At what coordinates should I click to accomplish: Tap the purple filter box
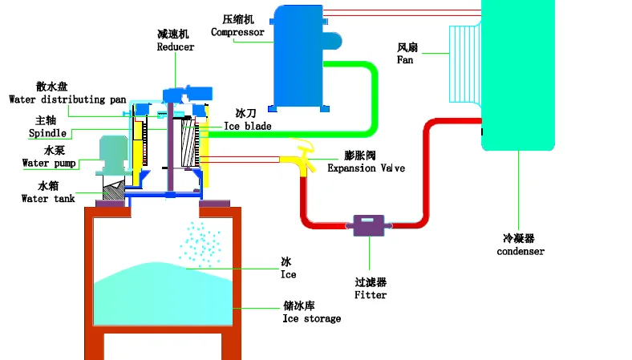[369, 225]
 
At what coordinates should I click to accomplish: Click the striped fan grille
[465, 64]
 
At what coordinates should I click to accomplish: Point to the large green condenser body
[518, 75]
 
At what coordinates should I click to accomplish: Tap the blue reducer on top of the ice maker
[188, 94]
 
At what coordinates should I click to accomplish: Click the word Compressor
[237, 32]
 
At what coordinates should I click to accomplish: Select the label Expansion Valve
[366, 168]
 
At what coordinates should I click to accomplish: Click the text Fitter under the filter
[371, 295]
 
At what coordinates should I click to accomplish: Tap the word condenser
[521, 252]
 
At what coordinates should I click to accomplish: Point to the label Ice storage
[311, 318]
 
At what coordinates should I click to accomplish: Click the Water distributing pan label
[67, 99]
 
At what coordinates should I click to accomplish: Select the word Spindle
[47, 133]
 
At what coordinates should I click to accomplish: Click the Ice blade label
[248, 126]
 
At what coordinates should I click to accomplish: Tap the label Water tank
[48, 198]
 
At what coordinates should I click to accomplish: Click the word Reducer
[176, 47]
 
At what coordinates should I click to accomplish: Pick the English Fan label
[405, 60]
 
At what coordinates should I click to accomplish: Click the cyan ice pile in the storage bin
[164, 293]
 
